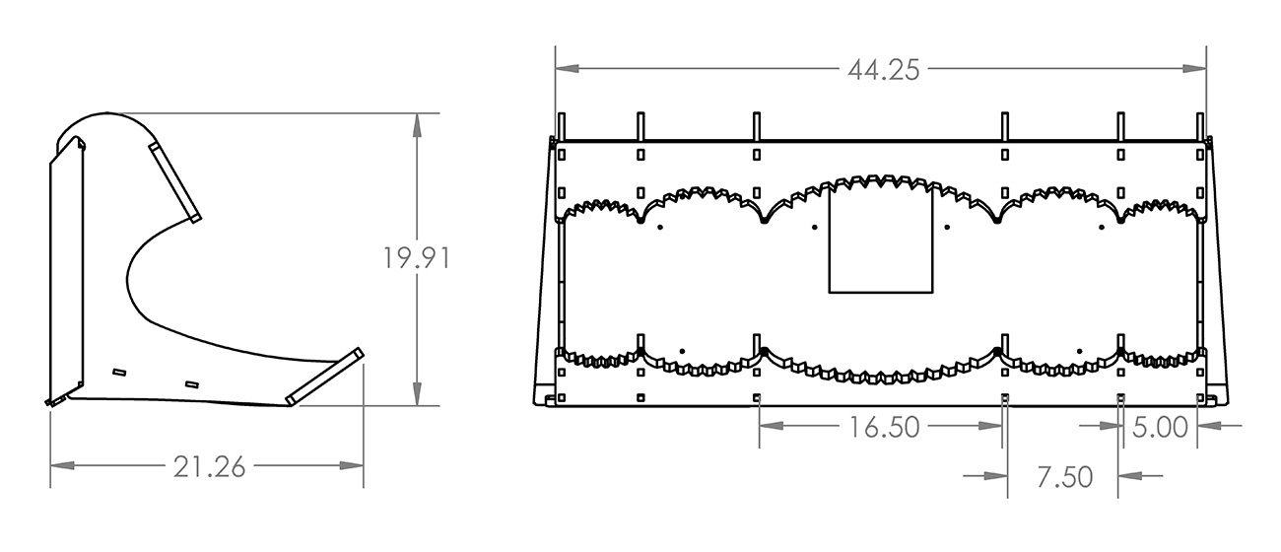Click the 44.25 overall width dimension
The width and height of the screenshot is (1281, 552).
[x=882, y=69]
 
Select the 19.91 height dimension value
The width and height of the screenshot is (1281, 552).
[x=417, y=259]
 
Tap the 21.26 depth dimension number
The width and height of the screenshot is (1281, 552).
[x=209, y=467]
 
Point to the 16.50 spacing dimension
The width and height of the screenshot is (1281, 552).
[x=883, y=427]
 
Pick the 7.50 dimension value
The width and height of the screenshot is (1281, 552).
[x=1064, y=476]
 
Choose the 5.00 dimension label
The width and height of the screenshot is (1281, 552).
[x=1161, y=427]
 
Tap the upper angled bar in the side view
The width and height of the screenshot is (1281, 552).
[x=175, y=181]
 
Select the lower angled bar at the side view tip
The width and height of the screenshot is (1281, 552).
[x=325, y=375]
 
